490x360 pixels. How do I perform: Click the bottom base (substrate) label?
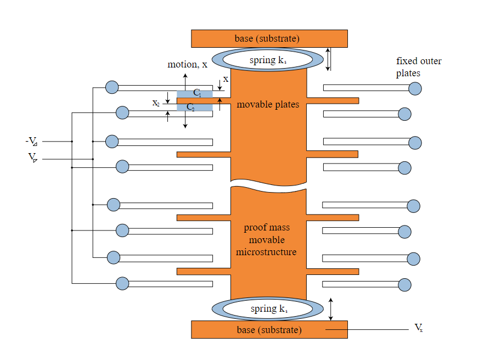pyautogui.click(x=268, y=330)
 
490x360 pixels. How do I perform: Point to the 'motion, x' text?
pyautogui.click(x=187, y=64)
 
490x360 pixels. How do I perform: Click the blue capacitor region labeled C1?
pyautogui.click(x=195, y=93)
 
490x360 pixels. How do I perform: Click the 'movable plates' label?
pyautogui.click(x=268, y=104)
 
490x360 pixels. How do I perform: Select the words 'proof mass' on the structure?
pyautogui.click(x=267, y=228)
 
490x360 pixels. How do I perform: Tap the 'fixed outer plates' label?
pyautogui.click(x=419, y=67)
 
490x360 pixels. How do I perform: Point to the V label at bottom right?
pyautogui.click(x=418, y=328)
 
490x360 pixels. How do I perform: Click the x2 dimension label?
pyautogui.click(x=156, y=103)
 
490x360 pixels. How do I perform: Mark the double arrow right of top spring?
pyautogui.click(x=328, y=59)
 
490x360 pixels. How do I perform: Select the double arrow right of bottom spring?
pyautogui.click(x=330, y=309)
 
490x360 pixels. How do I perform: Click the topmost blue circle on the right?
pyautogui.click(x=415, y=88)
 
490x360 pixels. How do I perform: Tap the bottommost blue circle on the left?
pyautogui.click(x=122, y=283)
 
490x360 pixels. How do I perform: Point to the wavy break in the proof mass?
pyautogui.click(x=268, y=185)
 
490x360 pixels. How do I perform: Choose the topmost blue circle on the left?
pyautogui.click(x=112, y=87)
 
